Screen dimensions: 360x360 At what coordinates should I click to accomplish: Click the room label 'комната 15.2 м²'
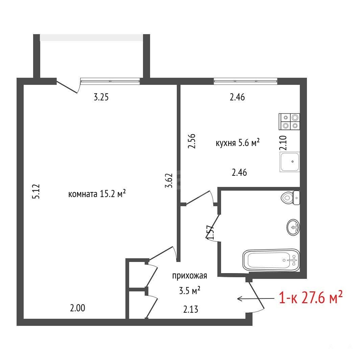(97, 194)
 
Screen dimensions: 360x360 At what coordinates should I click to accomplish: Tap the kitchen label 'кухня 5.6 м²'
(238, 143)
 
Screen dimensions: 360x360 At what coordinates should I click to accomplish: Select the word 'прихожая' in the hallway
(190, 276)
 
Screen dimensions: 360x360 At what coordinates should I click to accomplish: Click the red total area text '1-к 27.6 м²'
(311, 297)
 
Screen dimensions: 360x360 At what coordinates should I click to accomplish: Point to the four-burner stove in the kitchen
(289, 121)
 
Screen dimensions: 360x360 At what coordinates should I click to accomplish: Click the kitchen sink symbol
(290, 162)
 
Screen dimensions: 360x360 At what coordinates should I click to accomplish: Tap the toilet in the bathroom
(290, 197)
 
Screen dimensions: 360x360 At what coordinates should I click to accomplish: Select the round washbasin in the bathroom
(293, 227)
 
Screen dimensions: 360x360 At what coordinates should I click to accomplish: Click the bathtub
(271, 260)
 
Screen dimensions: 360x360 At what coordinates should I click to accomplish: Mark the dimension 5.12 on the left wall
(37, 191)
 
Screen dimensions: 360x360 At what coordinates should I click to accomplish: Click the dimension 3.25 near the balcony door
(101, 97)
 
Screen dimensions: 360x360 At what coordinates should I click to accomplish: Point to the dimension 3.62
(169, 181)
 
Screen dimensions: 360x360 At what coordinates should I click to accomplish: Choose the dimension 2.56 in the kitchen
(192, 141)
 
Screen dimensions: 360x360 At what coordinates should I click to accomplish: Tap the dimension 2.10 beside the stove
(283, 143)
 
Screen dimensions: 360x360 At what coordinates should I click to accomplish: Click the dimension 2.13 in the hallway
(191, 309)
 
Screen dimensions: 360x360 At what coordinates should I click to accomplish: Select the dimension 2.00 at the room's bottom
(77, 308)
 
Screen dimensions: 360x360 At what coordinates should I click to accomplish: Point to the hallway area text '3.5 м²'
(190, 291)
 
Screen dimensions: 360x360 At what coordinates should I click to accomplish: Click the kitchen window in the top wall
(245, 81)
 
